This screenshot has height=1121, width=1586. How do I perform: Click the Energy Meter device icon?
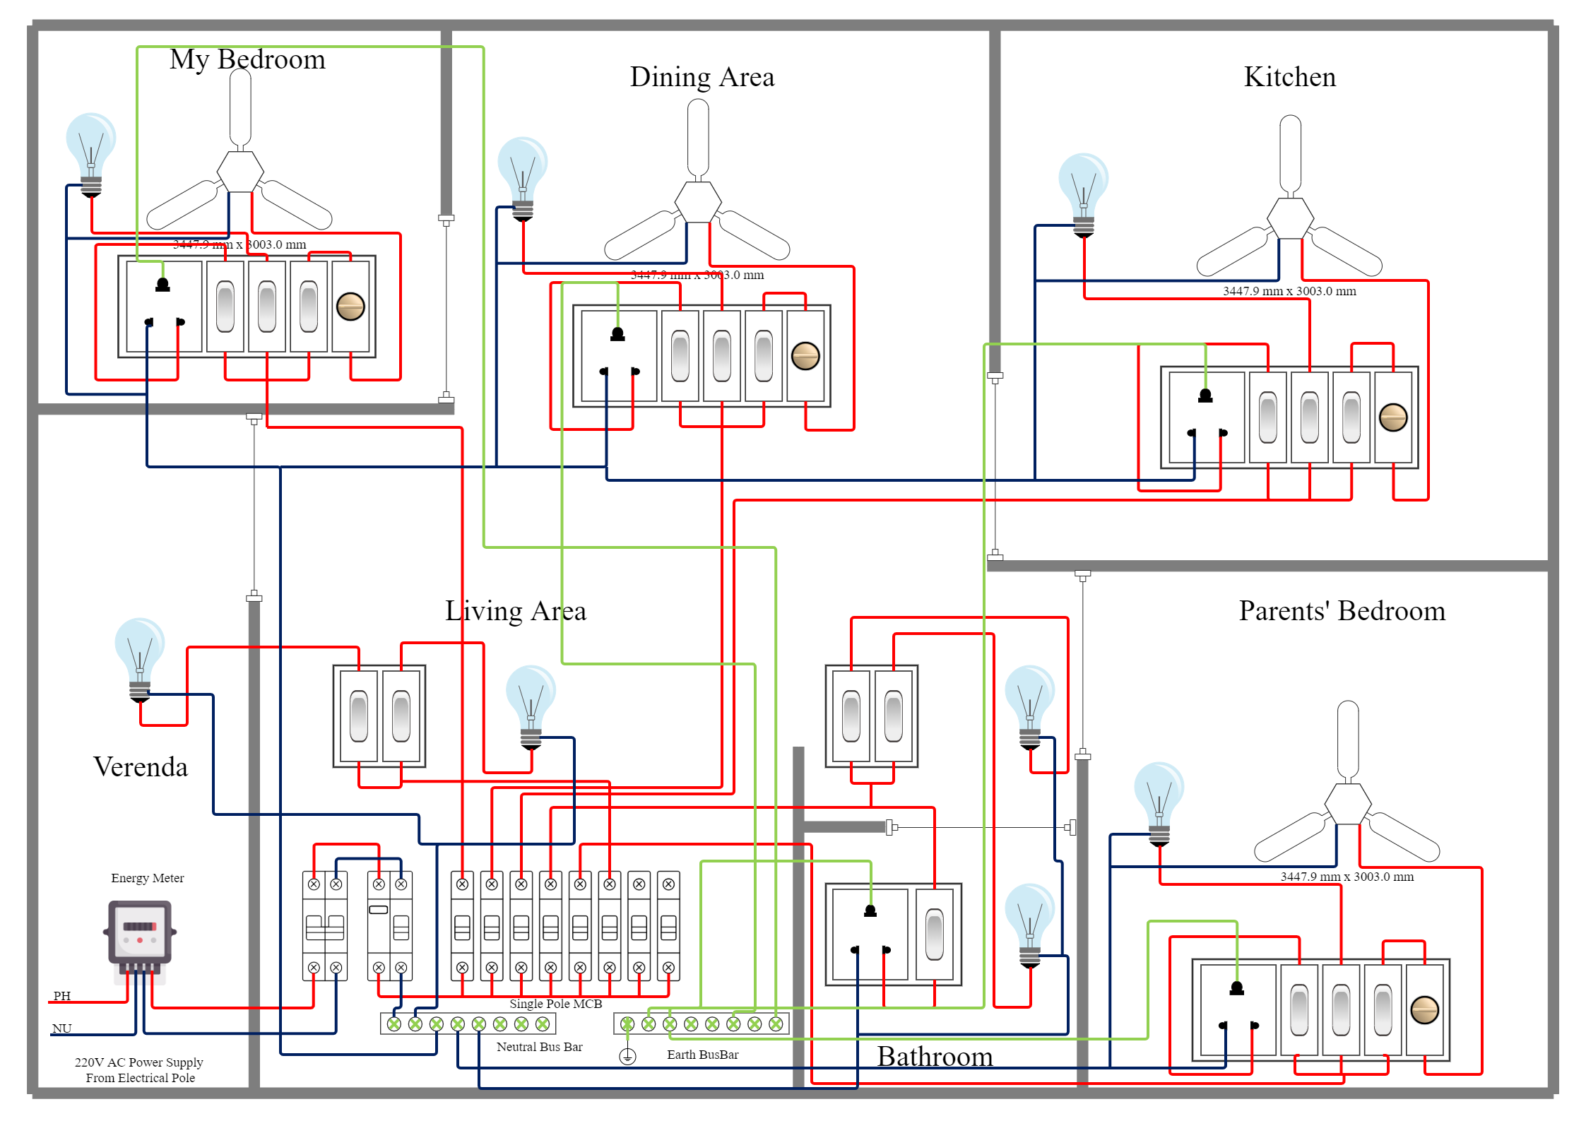[x=140, y=934]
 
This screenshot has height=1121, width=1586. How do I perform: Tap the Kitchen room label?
[x=1289, y=77]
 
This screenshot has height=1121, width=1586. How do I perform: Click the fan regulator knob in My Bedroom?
[x=350, y=307]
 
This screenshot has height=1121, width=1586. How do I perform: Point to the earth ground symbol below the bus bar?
[x=627, y=1057]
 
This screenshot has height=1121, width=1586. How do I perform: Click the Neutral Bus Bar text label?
[x=539, y=1047]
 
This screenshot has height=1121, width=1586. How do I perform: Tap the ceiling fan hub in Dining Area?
[x=698, y=202]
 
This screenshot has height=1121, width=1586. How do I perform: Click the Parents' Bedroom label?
[x=1342, y=611]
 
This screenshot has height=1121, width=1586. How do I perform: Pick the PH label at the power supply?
[x=62, y=996]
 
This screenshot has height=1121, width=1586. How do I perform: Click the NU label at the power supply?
[x=61, y=1028]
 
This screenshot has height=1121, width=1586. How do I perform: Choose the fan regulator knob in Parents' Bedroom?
[x=1424, y=1010]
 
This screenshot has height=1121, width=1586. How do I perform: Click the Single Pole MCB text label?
[x=555, y=1004]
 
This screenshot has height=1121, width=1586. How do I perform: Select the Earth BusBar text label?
[x=702, y=1055]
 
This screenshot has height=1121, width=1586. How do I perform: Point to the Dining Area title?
[x=702, y=77]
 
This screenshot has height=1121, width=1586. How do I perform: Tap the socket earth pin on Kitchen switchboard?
[x=1205, y=396]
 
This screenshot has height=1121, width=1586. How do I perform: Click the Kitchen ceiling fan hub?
[x=1290, y=218]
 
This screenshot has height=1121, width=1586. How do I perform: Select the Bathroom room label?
[x=934, y=1057]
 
